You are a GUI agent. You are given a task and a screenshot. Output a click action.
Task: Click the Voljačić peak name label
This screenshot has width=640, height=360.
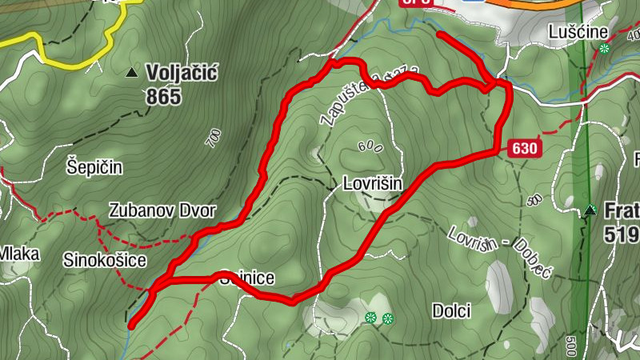(182, 74)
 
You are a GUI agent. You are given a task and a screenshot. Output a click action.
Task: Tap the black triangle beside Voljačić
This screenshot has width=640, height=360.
(132, 74)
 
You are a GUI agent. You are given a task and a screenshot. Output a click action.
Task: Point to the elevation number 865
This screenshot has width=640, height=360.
(163, 97)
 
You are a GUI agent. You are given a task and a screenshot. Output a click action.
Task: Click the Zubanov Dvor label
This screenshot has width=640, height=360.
(162, 211)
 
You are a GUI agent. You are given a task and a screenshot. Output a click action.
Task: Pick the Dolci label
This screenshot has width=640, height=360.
(450, 310)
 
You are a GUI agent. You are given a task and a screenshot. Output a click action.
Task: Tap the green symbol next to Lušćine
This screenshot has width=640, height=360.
(605, 48)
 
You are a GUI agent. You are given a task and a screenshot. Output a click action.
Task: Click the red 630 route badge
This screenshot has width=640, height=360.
(522, 148)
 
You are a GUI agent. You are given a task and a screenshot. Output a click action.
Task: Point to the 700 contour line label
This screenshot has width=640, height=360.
(214, 138)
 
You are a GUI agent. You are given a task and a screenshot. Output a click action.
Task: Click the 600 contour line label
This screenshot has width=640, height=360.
(370, 146)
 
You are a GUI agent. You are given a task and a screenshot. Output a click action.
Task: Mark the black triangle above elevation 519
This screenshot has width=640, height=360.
(590, 211)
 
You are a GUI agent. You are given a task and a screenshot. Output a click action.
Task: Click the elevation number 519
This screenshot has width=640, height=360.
(622, 234)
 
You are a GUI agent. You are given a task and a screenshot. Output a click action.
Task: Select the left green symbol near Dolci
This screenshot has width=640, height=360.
(371, 318)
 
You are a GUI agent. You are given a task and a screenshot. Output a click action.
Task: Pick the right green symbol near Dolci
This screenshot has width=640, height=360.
(388, 318)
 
